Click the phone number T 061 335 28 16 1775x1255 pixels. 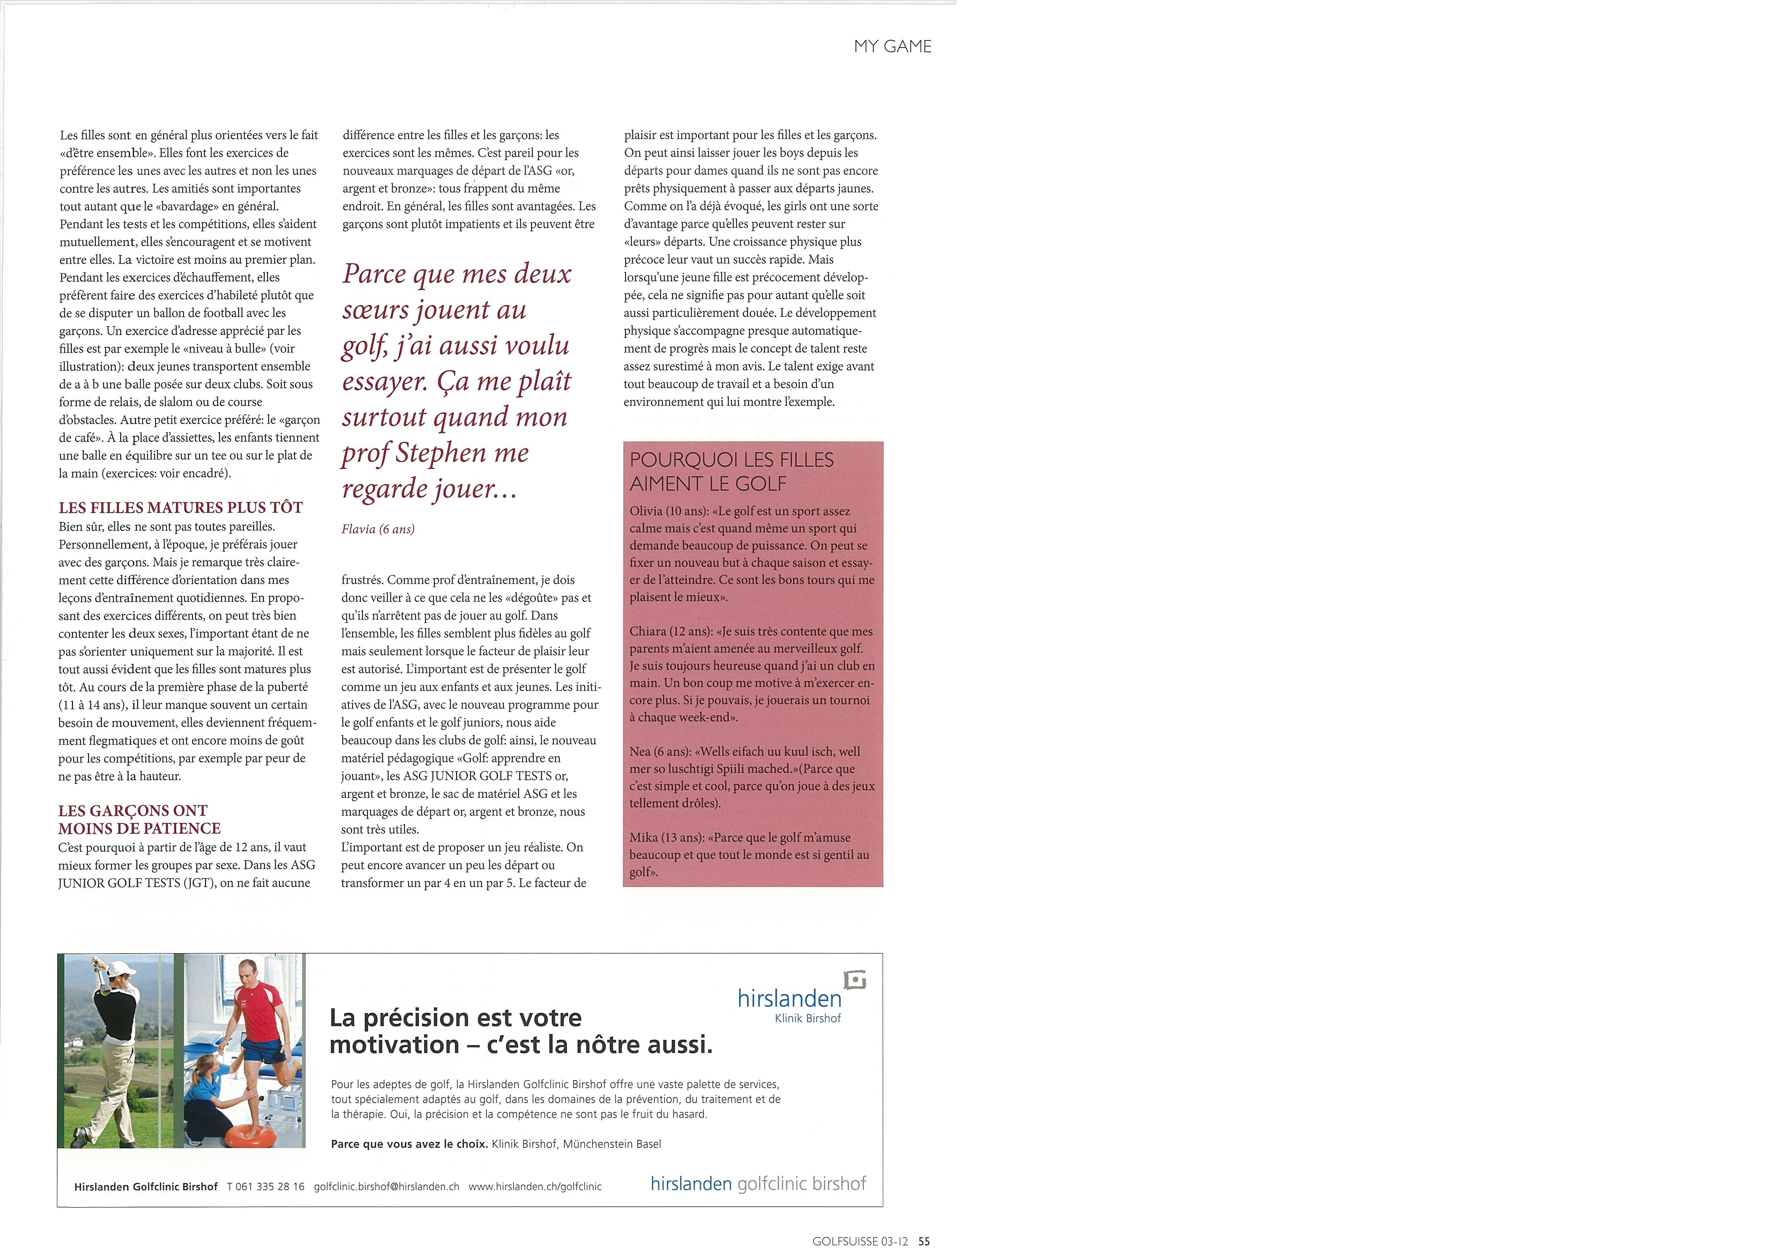click(266, 1186)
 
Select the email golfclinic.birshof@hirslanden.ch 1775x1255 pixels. click(387, 1186)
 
